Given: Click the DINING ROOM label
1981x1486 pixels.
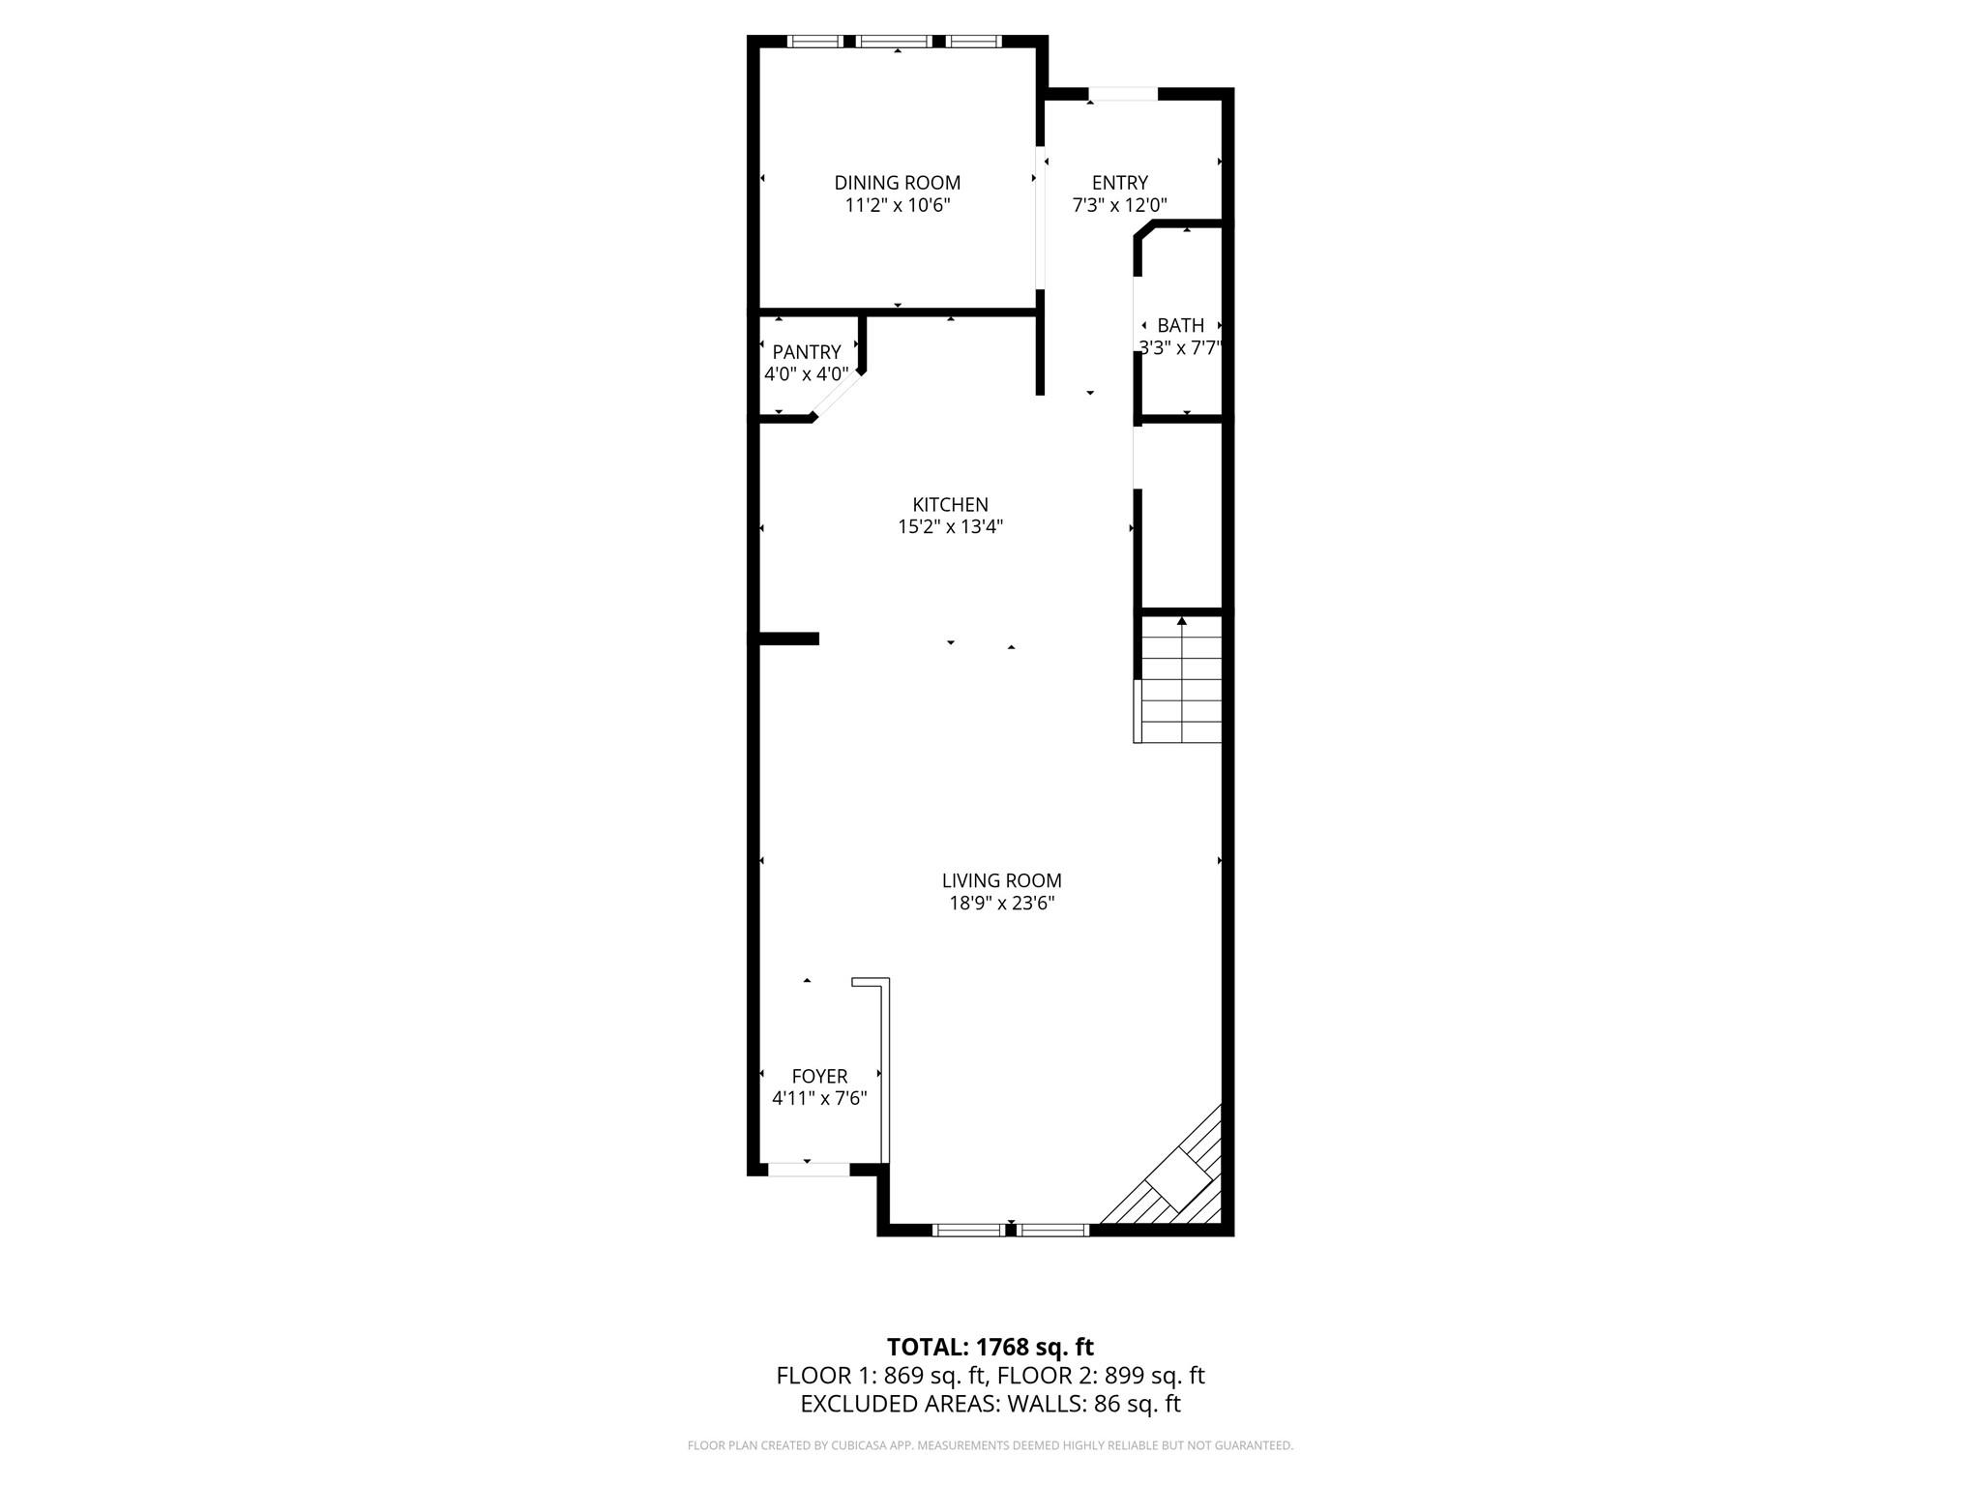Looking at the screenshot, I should tap(897, 183).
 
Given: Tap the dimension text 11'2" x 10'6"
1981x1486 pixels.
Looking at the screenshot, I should tap(897, 205).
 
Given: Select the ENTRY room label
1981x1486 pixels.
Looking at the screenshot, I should tap(1119, 183).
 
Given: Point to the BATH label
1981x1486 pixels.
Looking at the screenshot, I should tap(1180, 325).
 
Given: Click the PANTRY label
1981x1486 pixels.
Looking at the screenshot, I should tap(806, 352).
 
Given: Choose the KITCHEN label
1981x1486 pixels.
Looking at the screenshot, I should tap(950, 504).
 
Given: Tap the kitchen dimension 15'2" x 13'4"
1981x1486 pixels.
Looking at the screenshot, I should tap(950, 527).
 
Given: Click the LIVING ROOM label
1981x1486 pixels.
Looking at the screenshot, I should tap(1001, 880).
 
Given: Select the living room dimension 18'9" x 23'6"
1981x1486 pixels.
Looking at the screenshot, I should tap(1001, 904).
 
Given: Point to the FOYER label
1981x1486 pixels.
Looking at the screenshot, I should tap(819, 1076).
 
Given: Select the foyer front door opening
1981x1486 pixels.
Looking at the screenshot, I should tap(808, 1170).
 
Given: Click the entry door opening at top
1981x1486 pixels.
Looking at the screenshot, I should tap(1123, 94).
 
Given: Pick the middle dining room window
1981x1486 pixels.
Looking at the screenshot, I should tap(894, 42).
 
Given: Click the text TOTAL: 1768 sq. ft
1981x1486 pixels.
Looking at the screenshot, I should tap(990, 1347).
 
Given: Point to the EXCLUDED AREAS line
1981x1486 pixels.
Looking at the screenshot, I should tap(990, 1404).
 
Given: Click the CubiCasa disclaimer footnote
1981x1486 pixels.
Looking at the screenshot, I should tap(990, 1445).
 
